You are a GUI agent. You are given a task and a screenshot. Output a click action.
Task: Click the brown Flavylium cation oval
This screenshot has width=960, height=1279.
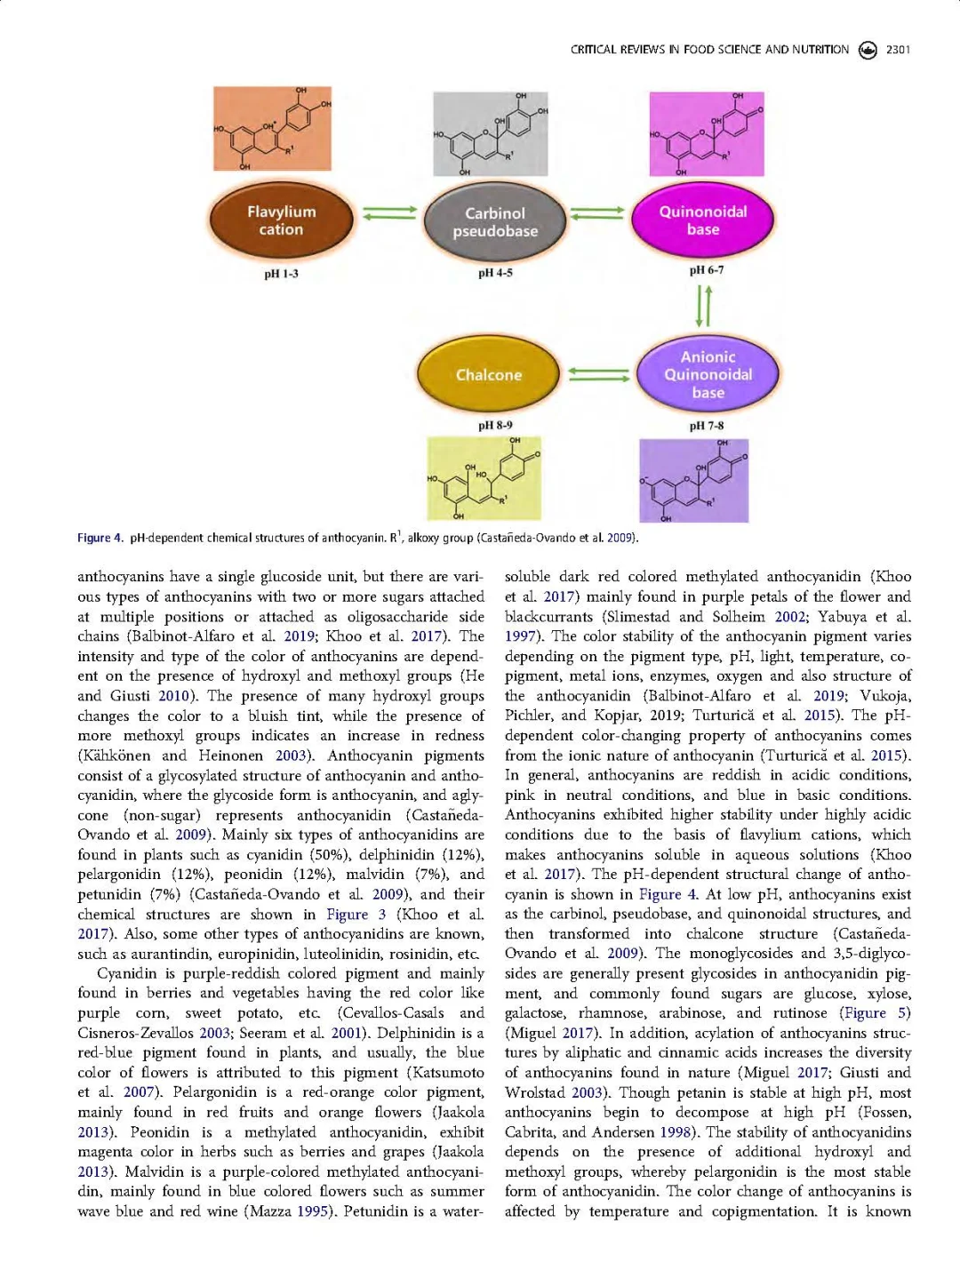(x=281, y=220)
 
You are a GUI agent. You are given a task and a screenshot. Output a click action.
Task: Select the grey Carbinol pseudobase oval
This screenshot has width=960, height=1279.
(x=495, y=222)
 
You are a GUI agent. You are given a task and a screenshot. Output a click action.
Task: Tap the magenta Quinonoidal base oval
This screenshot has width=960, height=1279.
(x=703, y=220)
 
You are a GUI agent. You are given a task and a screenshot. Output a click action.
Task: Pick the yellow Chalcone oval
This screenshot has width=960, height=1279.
(x=489, y=375)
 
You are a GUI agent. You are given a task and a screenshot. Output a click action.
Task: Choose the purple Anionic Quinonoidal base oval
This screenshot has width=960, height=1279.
(x=708, y=375)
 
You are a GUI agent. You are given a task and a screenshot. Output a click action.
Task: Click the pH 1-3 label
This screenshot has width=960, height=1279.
(x=281, y=274)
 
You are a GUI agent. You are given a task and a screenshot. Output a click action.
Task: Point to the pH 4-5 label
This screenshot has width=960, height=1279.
(x=495, y=273)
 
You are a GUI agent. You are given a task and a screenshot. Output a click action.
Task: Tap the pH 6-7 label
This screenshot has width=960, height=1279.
(x=707, y=270)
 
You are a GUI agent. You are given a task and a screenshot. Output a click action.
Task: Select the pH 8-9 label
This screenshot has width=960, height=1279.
(x=495, y=426)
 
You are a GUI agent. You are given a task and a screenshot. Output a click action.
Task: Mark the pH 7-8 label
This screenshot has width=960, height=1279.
(x=707, y=426)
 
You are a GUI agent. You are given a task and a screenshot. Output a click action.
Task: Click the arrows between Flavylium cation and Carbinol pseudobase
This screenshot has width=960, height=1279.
(x=389, y=213)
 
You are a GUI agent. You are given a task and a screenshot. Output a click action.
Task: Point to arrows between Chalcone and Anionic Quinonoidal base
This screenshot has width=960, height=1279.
(x=598, y=374)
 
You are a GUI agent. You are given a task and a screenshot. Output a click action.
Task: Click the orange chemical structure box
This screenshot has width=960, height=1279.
(x=272, y=129)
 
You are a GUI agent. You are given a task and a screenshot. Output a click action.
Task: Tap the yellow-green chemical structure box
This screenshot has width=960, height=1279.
(x=484, y=478)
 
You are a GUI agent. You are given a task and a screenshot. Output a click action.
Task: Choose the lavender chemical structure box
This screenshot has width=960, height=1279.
(x=693, y=480)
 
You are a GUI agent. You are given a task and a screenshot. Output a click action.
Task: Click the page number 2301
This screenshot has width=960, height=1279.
(x=898, y=50)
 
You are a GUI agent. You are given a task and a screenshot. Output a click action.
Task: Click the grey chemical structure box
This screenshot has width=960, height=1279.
(x=490, y=134)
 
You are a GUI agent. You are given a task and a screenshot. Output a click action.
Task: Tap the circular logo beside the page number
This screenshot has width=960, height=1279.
(x=868, y=50)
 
